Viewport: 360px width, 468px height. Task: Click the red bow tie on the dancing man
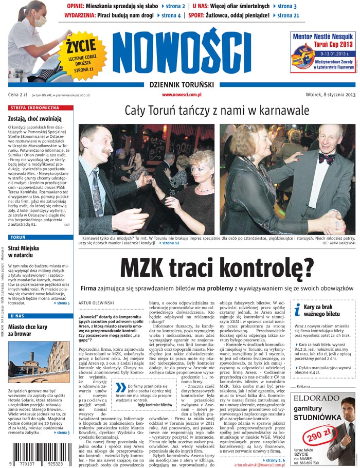click(326, 158)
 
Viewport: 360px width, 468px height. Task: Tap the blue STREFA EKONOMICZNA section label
click(36, 108)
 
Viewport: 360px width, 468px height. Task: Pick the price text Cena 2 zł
click(17, 95)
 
